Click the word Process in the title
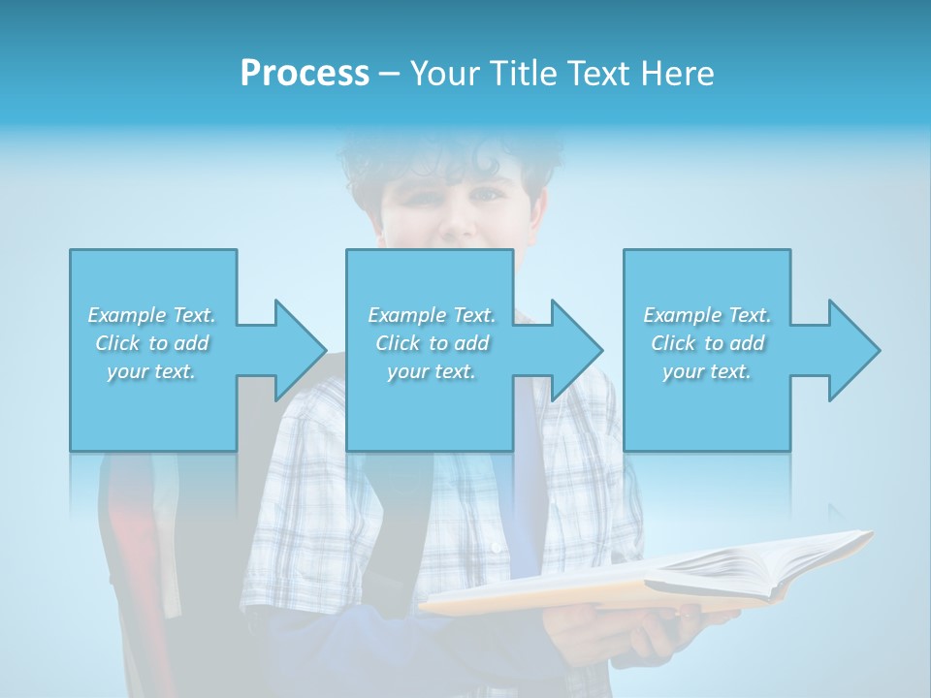pyautogui.click(x=305, y=74)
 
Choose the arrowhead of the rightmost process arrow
pyautogui.click(x=854, y=350)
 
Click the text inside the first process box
pyautogui.click(x=152, y=343)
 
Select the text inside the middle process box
pyautogui.click(x=431, y=343)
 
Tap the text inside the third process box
pyautogui.click(x=707, y=343)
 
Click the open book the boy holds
pyautogui.click(x=659, y=577)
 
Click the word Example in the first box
pyautogui.click(x=126, y=315)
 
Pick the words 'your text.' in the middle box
pyautogui.click(x=431, y=371)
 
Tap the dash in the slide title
pyautogui.click(x=389, y=74)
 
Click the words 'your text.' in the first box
pyautogui.click(x=152, y=371)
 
